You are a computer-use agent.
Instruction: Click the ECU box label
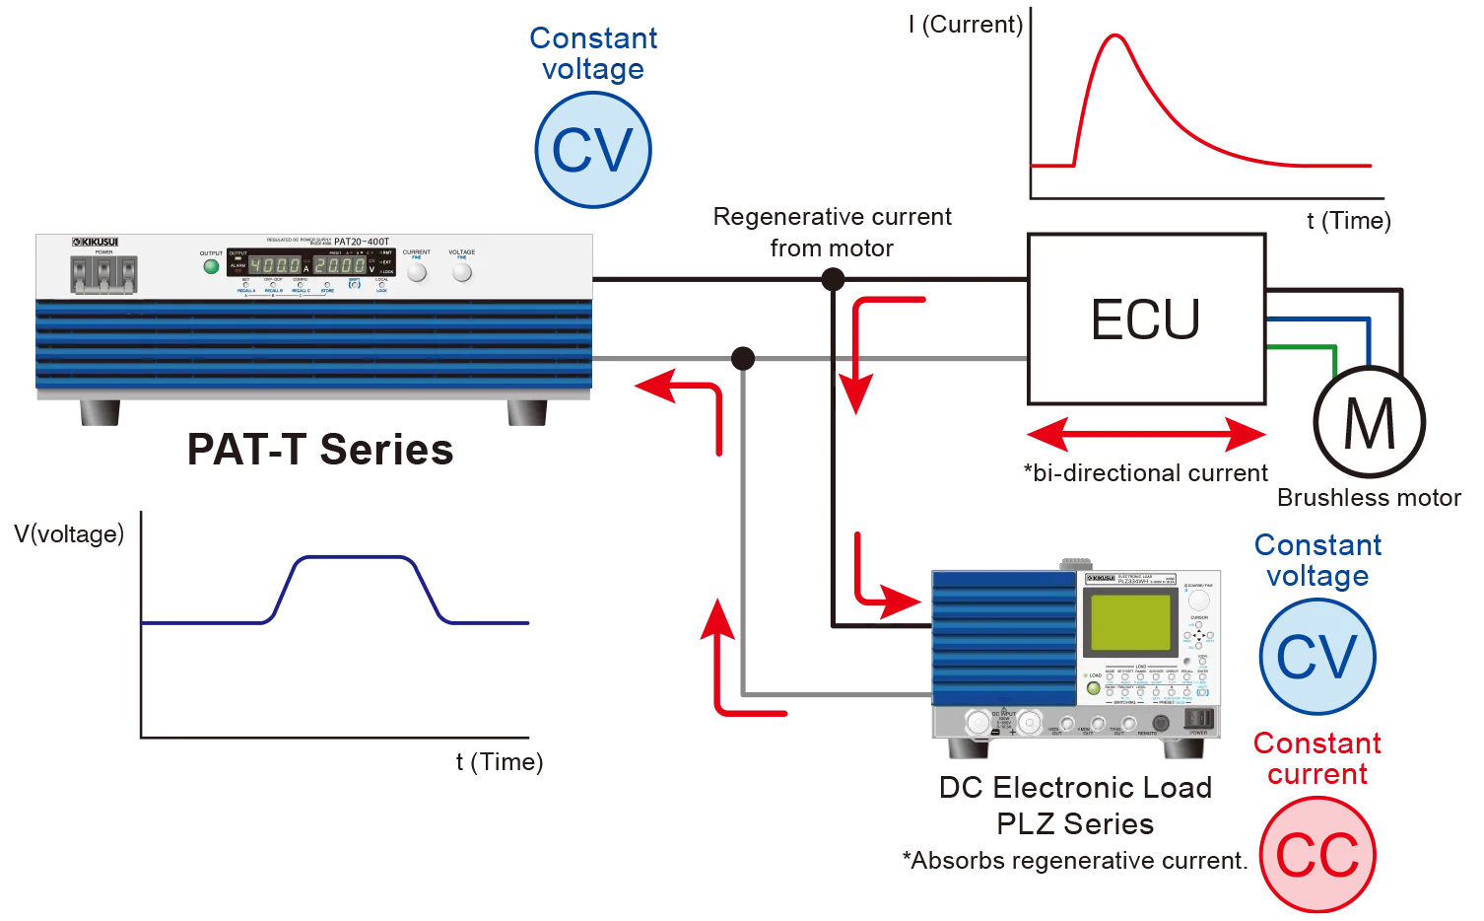1145,319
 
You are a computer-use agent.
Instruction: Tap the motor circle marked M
1369,422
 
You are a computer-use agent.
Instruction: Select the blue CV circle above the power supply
592,149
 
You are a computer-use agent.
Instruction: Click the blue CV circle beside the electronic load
1316,656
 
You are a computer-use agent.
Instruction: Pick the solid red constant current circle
1317,854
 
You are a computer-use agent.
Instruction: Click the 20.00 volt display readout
339,265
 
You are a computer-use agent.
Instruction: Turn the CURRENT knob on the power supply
417,272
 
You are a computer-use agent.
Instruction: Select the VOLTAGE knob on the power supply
461,272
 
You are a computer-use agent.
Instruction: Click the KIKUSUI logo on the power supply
96,242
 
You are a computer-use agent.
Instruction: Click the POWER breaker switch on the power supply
103,275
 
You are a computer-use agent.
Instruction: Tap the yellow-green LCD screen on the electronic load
1126,622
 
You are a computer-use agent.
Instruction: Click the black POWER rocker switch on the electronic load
1196,718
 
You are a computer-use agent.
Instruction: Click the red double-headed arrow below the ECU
1145,435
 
